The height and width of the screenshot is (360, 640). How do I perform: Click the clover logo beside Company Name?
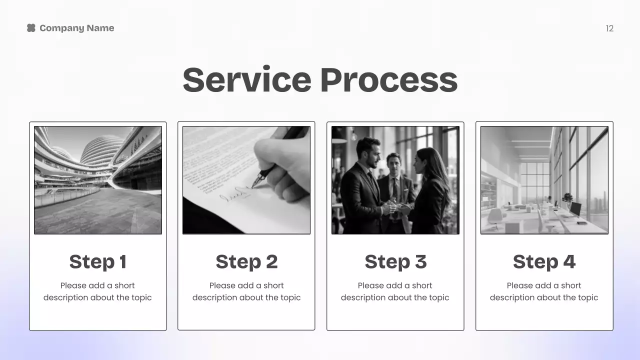tap(31, 28)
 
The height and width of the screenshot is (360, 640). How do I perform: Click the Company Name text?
tap(76, 28)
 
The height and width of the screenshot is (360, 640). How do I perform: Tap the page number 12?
tap(609, 28)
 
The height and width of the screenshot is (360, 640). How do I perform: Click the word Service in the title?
tap(247, 80)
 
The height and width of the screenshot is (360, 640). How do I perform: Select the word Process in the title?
tap(388, 80)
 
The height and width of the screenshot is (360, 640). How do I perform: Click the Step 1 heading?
tap(98, 261)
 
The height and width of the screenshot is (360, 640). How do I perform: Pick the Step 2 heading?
tap(246, 261)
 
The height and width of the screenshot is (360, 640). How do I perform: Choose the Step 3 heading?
tap(395, 261)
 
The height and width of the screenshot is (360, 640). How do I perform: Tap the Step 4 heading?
tap(544, 261)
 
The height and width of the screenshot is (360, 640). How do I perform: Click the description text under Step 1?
tap(97, 291)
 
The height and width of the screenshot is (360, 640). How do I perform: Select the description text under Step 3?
tap(395, 291)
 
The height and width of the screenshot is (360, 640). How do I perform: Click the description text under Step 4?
tap(544, 291)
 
